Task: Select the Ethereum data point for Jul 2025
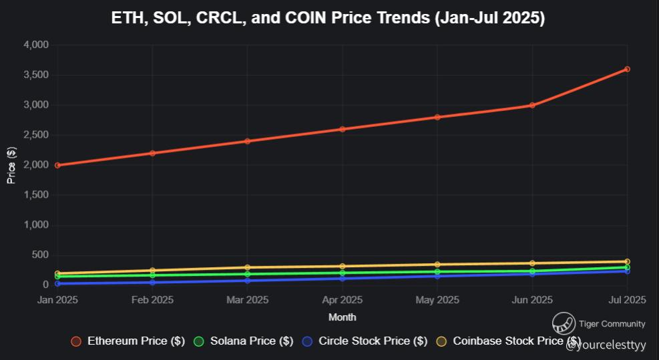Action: (627, 69)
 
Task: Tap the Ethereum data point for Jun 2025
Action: (532, 105)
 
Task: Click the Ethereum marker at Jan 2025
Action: (57, 165)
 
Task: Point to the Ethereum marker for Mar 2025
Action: (247, 141)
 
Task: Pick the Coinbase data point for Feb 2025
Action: (152, 271)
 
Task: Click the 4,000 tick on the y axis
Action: (35, 45)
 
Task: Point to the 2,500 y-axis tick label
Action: (35, 135)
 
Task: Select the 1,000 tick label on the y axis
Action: (35, 225)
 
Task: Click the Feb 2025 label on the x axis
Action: (152, 300)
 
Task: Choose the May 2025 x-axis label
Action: (437, 300)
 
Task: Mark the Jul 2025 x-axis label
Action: (627, 300)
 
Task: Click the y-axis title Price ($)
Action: (11, 165)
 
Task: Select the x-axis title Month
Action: (342, 317)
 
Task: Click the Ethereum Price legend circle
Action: (76, 341)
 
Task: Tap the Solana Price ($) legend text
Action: (252, 341)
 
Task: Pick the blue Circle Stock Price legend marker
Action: (306, 341)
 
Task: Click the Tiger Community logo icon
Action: (564, 324)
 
